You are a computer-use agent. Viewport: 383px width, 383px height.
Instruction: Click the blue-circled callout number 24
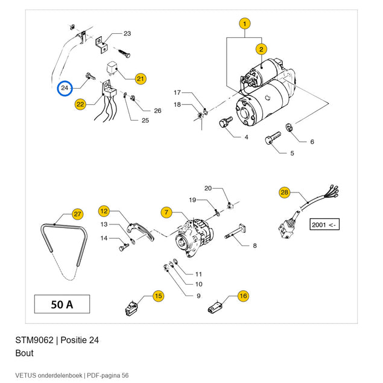tap(65, 88)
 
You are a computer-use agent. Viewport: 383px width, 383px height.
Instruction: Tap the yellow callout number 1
tap(245, 24)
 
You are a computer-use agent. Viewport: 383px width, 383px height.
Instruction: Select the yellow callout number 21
tap(141, 78)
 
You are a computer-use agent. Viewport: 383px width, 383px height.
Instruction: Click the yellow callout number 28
tap(285, 192)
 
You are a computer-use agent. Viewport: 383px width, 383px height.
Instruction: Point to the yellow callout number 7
tap(166, 212)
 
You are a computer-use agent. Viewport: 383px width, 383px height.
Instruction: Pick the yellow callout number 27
tap(78, 214)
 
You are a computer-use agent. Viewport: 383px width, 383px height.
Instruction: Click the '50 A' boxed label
tap(62, 304)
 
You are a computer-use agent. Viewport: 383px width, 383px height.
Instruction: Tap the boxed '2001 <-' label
tap(324, 224)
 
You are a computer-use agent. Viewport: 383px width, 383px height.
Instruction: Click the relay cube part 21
tap(112, 68)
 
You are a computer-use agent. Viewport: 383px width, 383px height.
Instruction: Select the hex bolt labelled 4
tap(226, 122)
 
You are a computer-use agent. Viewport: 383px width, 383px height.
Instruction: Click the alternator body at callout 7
tap(194, 238)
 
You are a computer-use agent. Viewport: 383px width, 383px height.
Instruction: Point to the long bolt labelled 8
tap(235, 232)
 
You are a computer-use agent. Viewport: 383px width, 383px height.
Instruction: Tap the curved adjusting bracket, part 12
tap(141, 232)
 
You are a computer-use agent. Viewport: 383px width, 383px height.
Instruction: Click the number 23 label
tap(127, 33)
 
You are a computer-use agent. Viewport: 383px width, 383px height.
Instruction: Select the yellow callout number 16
tap(243, 296)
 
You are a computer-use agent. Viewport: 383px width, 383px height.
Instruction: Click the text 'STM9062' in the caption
tap(34, 340)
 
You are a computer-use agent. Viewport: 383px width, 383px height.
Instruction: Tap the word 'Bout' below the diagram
tap(24, 353)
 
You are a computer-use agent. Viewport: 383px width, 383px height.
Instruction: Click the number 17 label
tap(177, 92)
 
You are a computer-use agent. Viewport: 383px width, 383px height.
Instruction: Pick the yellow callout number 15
tap(159, 296)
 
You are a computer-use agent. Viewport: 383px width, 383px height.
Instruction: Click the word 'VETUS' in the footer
tap(26, 375)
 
